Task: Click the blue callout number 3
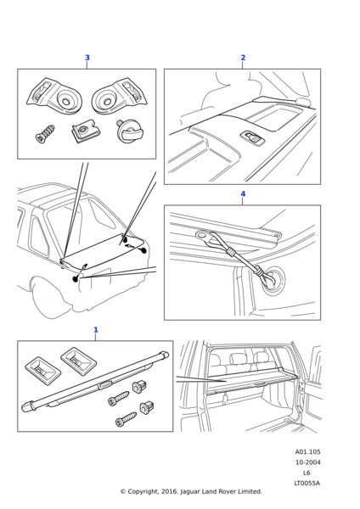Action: coord(87,58)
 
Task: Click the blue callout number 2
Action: coord(243,58)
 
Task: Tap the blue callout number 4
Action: coord(243,193)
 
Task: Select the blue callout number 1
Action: coord(96,329)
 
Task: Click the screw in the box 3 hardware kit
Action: coord(45,134)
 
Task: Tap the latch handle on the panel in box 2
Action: coord(252,138)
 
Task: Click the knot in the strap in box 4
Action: coord(230,251)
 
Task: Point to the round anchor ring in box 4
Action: coord(275,281)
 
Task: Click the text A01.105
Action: coord(307,452)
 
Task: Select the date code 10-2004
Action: coord(307,462)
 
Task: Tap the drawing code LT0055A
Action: coord(307,483)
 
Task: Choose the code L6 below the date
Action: coord(307,473)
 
